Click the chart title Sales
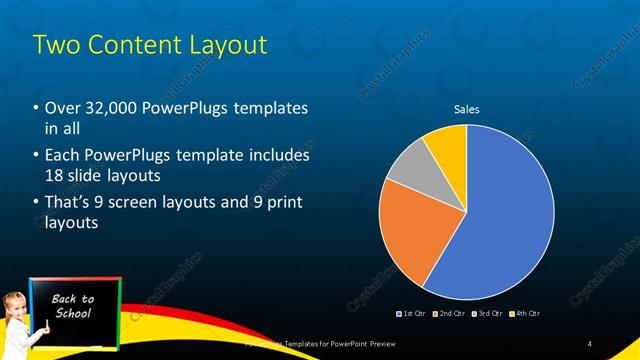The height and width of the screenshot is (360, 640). [x=466, y=109]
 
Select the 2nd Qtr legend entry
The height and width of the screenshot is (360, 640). [x=448, y=313]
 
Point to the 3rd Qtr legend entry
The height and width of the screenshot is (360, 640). [x=486, y=313]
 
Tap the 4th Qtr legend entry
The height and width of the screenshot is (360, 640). [x=525, y=313]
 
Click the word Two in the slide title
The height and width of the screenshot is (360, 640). [x=54, y=45]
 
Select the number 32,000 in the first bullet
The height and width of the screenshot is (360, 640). [x=111, y=108]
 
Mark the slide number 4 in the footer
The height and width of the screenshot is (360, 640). [x=590, y=344]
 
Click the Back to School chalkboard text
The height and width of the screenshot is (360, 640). [x=72, y=306]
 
